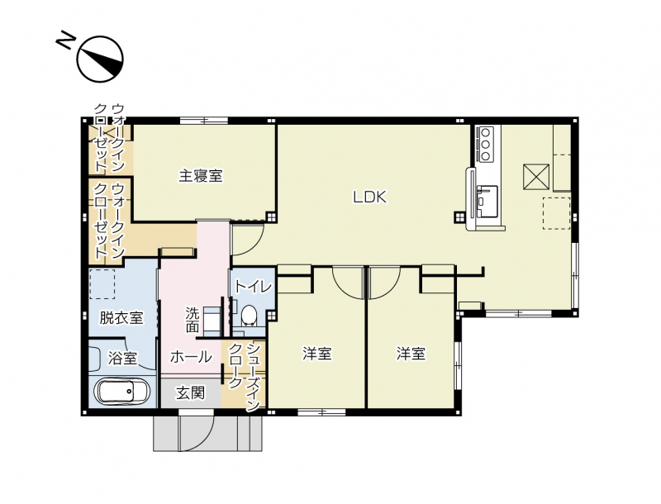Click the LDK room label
369,197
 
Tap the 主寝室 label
201,175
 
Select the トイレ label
253,287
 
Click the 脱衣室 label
121,318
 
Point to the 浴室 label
122,359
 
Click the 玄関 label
191,393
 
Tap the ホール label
191,357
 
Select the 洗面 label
193,320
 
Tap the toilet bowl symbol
250,315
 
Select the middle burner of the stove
485,144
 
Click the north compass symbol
100,59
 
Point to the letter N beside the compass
65,40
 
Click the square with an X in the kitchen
536,177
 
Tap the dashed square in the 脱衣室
102,284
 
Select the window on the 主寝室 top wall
204,121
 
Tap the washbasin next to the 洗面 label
212,321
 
